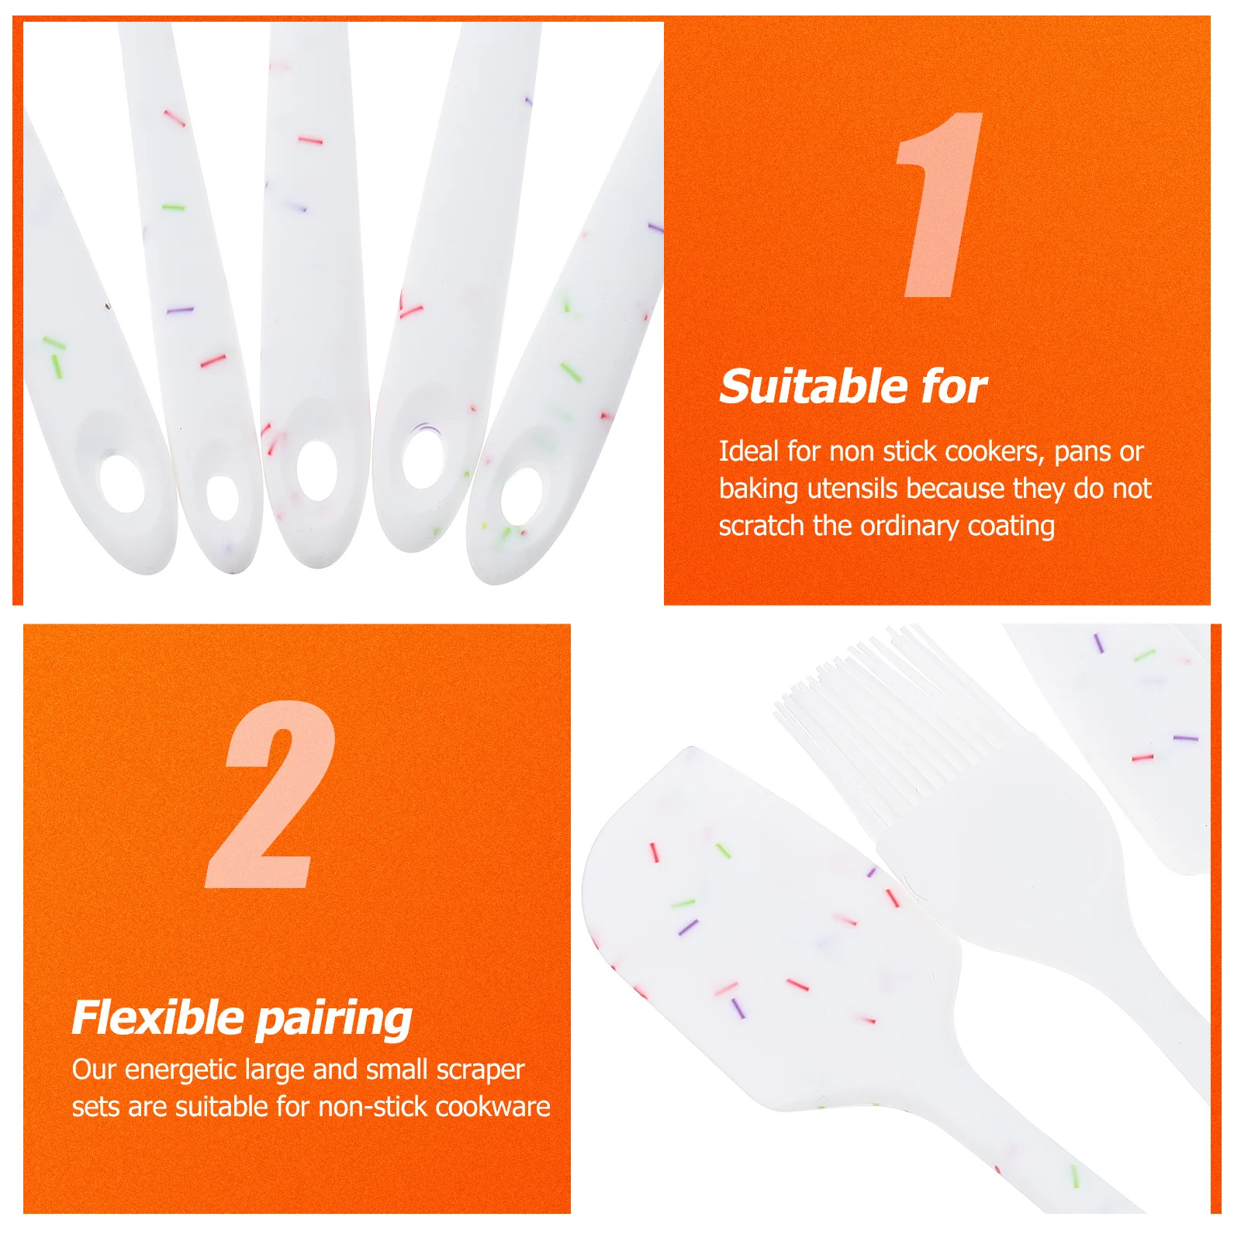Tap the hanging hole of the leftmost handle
point(123,484)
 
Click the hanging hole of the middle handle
point(316,470)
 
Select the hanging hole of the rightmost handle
point(522,496)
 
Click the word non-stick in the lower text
point(370,1107)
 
